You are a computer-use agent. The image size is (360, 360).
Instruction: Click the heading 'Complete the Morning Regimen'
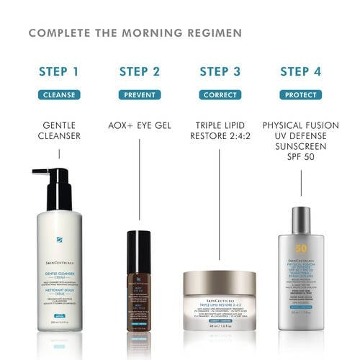pos(135,33)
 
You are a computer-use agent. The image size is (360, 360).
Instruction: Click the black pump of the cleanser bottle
pos(52,186)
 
